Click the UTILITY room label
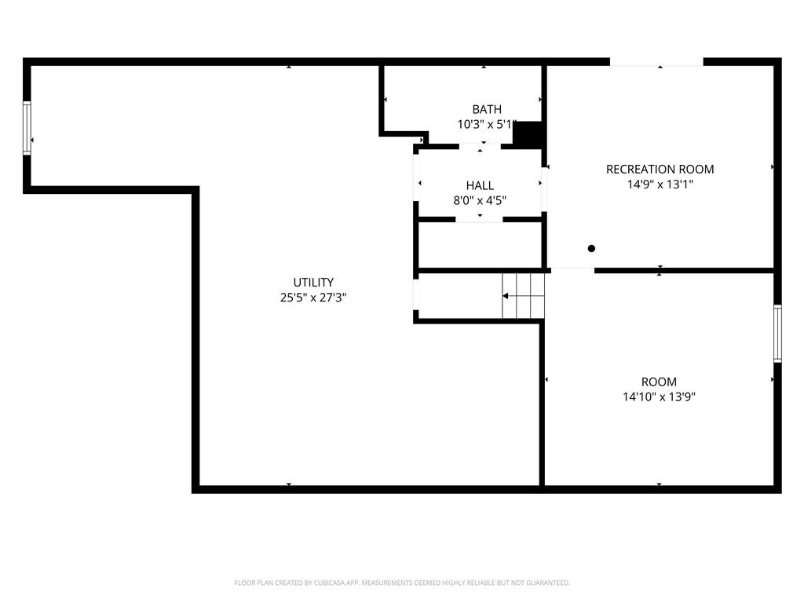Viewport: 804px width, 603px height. pyautogui.click(x=313, y=282)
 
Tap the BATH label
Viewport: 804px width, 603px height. pyautogui.click(x=487, y=109)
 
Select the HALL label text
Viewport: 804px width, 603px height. pyautogui.click(x=480, y=185)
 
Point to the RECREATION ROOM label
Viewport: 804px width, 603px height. pyautogui.click(x=660, y=170)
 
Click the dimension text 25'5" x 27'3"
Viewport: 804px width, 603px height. pyautogui.click(x=313, y=297)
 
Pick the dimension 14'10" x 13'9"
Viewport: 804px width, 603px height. pyautogui.click(x=659, y=397)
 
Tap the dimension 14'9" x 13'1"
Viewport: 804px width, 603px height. pyautogui.click(x=660, y=184)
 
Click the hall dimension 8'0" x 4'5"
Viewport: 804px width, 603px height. pyautogui.click(x=480, y=200)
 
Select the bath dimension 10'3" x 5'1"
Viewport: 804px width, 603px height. pyautogui.click(x=487, y=124)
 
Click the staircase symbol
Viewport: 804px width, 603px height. pyautogui.click(x=523, y=296)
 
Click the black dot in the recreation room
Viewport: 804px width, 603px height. pyautogui.click(x=591, y=248)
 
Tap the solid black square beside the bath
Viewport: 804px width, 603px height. pyautogui.click(x=528, y=134)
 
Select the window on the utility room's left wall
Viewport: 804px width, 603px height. pyautogui.click(x=27, y=128)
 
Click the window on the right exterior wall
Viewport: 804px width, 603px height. pyautogui.click(x=777, y=334)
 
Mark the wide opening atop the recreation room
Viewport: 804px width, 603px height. pyautogui.click(x=656, y=61)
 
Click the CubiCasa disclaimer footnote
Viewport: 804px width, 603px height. pyautogui.click(x=402, y=583)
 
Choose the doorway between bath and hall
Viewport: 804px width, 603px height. pyautogui.click(x=480, y=147)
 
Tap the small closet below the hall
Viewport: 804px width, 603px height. pyautogui.click(x=480, y=245)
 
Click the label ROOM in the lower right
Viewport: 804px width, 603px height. pyautogui.click(x=659, y=382)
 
